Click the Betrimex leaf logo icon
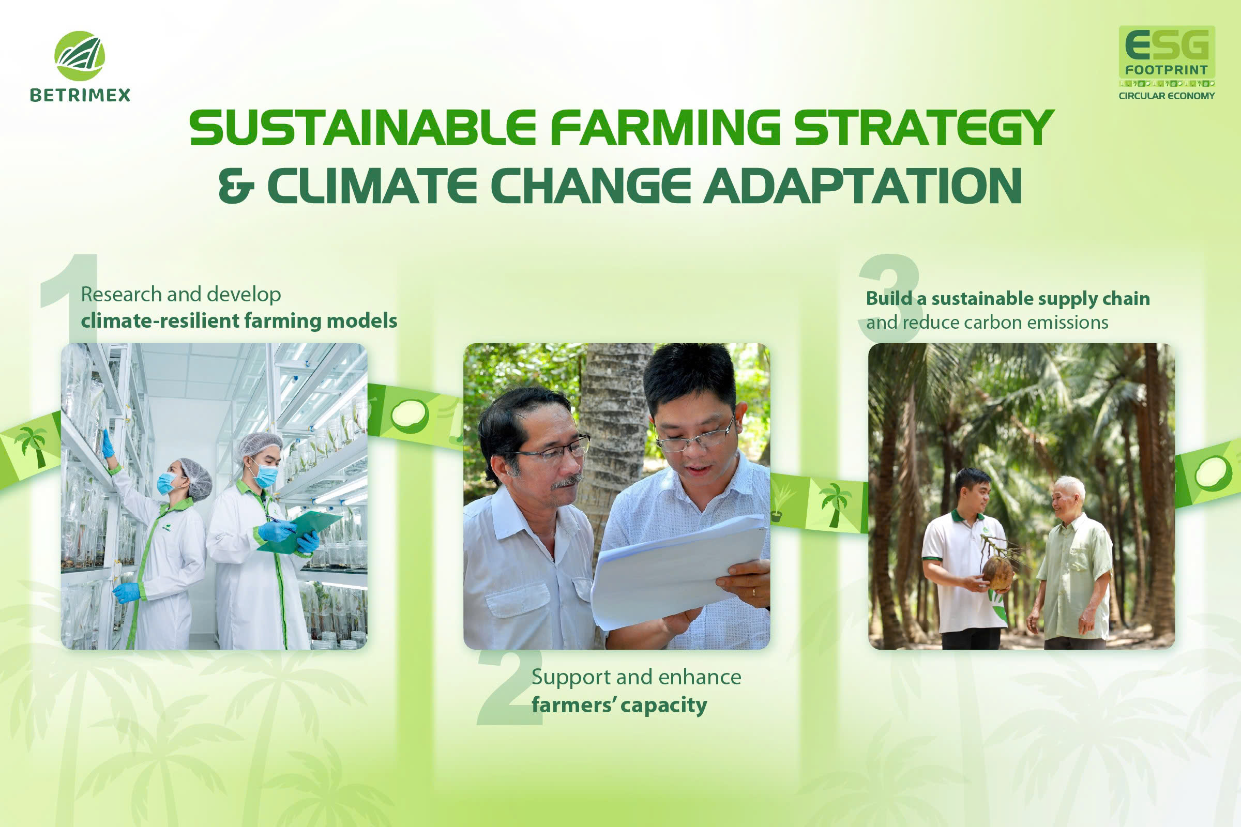coord(80,56)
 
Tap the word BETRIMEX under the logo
coord(80,95)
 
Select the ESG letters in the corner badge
coord(1167,45)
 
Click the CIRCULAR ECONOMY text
coord(1167,96)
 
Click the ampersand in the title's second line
coord(236,186)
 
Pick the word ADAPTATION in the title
coord(862,186)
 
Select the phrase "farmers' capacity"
coord(619,705)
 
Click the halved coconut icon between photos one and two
coord(410,416)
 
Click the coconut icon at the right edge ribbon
coord(1213,472)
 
